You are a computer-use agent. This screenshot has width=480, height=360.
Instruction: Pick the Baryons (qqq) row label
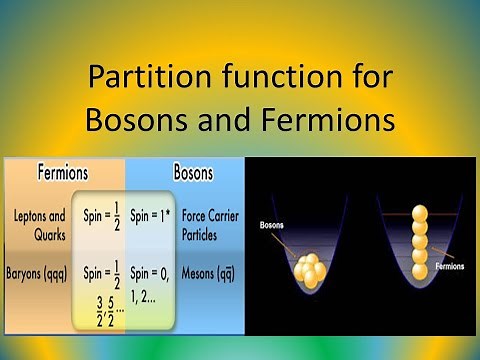pyautogui.click(x=41, y=271)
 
